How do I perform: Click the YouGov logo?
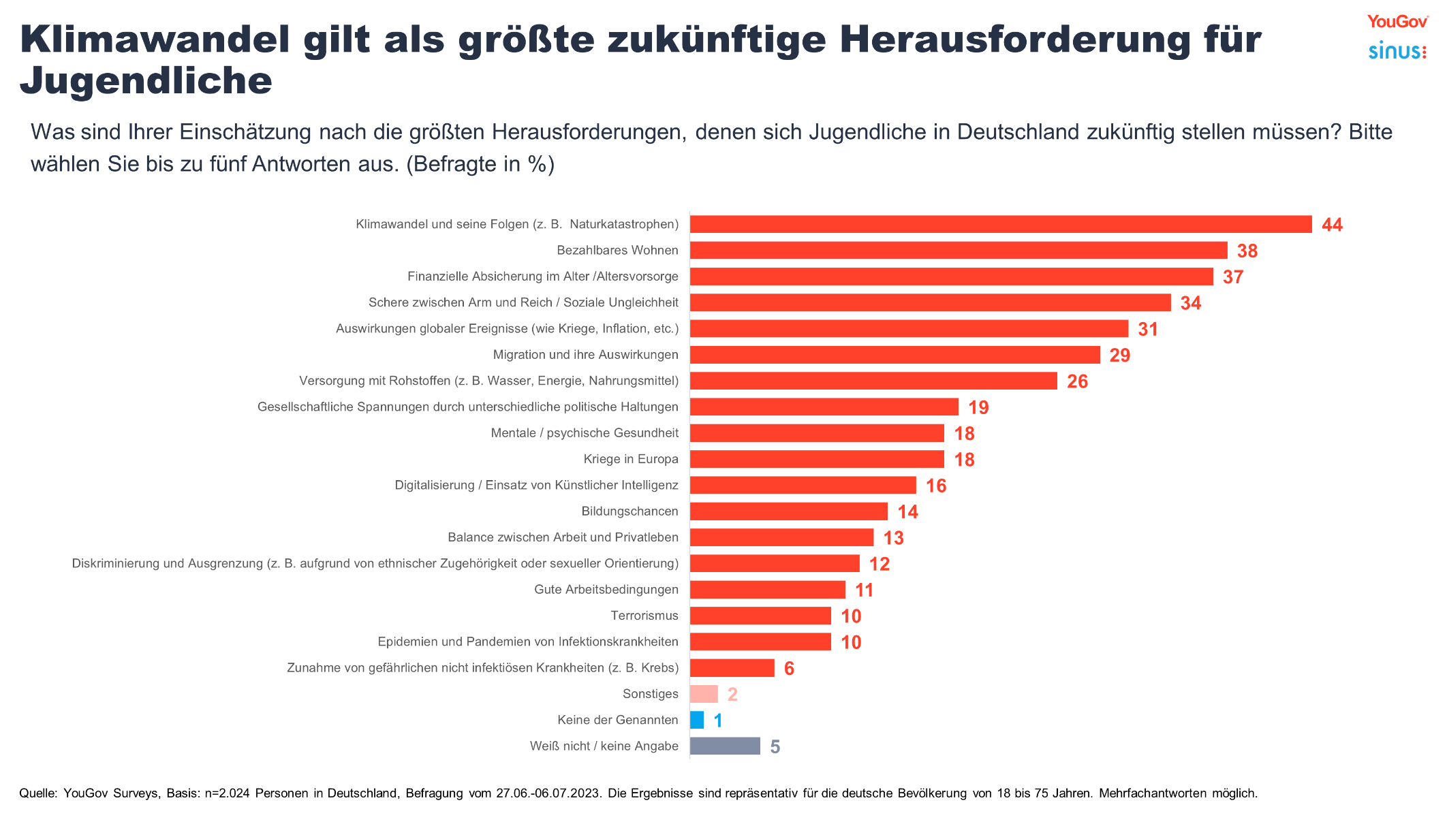[1397, 22]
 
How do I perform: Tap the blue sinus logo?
[1397, 51]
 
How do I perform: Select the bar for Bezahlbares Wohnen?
[958, 251]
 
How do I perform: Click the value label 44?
[1332, 225]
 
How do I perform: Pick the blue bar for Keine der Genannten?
[697, 720]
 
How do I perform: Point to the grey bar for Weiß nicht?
[724, 746]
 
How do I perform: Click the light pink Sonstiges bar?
[704, 694]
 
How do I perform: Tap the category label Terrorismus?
[644, 616]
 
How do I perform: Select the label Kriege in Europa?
[630, 459]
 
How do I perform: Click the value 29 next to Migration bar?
[1119, 355]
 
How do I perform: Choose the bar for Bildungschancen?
[788, 511]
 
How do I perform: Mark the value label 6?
[789, 669]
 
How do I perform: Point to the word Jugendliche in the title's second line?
[146, 81]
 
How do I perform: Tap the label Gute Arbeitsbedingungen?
[606, 590]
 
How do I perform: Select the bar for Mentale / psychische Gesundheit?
[817, 433]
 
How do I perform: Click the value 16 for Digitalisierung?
[936, 486]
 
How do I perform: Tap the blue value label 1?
[717, 721]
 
